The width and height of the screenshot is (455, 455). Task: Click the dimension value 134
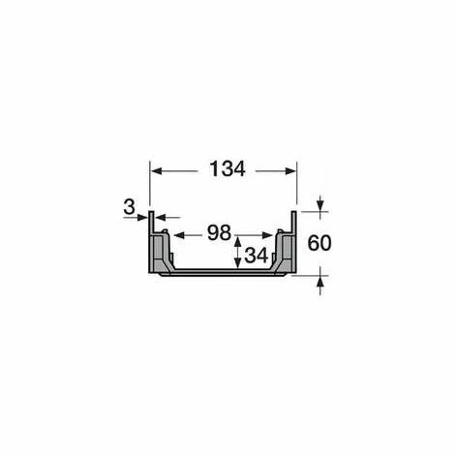point(227,169)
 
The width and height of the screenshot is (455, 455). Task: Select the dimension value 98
point(219,232)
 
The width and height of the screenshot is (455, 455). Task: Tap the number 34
point(257,256)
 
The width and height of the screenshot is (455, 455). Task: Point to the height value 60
point(319,243)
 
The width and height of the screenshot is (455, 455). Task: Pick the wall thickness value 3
point(129,207)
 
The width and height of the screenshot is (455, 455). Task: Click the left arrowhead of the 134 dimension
point(157,171)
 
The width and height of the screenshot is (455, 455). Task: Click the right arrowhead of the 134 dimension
point(290,171)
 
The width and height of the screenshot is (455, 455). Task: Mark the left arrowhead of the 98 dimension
point(179,235)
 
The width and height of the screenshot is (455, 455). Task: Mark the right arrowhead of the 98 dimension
point(267,235)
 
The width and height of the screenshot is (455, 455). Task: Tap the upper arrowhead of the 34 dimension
point(238,242)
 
